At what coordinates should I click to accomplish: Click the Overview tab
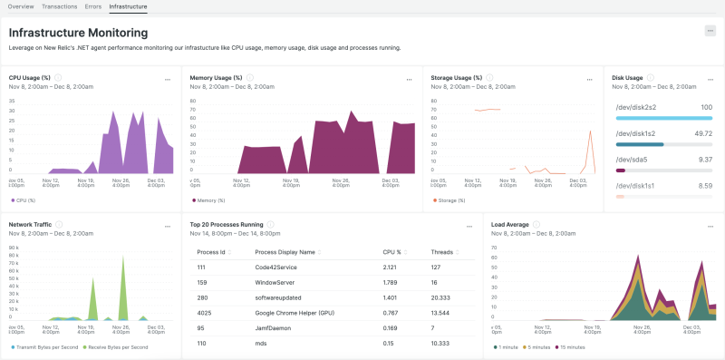coord(21,6)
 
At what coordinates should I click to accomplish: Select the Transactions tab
coord(60,6)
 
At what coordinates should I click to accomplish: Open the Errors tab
coord(93,6)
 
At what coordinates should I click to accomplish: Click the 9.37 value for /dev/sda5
coord(704,159)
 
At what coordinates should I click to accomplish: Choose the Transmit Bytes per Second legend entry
coord(47,346)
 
